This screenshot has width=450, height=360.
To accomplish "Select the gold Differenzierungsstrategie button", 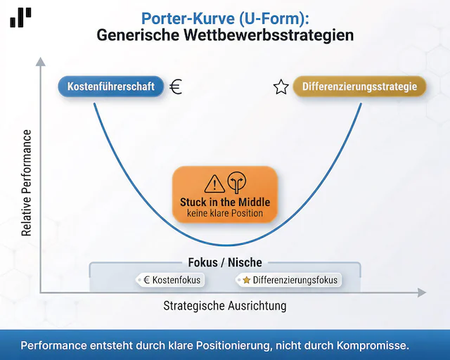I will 359,87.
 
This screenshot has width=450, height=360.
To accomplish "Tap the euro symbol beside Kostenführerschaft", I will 176,87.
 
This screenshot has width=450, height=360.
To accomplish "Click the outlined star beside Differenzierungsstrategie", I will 281,88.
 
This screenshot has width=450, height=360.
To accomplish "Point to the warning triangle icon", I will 214,184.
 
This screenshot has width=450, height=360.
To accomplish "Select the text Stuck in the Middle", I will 225,202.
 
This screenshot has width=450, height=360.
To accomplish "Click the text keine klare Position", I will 225,213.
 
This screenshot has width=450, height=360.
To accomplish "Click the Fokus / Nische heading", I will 225,262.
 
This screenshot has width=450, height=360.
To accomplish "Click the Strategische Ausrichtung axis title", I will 225,307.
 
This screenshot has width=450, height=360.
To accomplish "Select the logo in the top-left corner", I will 20,17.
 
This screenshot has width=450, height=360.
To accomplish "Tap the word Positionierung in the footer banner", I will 241,345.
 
